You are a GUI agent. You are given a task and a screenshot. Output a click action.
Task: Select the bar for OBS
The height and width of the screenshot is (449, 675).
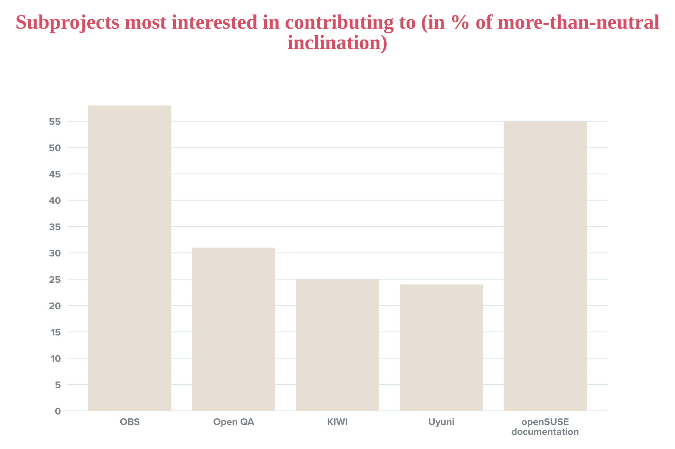pos(130,258)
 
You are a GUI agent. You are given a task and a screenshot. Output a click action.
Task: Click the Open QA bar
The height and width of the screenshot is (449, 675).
pos(233,329)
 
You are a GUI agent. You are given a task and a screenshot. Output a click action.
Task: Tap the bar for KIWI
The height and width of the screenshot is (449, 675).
pos(337,345)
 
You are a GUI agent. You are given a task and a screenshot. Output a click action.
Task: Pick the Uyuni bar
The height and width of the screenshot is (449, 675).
pos(441,348)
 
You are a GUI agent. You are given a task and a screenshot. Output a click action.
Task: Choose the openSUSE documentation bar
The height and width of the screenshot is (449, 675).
pos(545,266)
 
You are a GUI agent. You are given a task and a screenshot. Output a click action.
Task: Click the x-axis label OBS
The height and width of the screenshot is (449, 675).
pos(130,422)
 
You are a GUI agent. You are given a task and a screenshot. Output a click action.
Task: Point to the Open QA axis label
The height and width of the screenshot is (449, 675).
pos(233,422)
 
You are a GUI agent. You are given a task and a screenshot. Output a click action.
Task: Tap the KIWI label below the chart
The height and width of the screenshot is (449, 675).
pos(337,422)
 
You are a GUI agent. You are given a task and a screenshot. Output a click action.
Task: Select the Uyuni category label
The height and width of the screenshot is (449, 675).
pos(441,422)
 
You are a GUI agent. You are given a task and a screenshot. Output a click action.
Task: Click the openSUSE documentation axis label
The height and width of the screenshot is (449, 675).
pos(545,427)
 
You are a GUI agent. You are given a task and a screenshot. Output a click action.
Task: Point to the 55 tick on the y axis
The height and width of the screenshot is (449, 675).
pos(55,122)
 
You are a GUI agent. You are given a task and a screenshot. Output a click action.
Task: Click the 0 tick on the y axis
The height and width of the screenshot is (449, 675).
pos(58,411)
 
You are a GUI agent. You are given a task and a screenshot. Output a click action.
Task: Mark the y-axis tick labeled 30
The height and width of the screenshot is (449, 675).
pos(55,253)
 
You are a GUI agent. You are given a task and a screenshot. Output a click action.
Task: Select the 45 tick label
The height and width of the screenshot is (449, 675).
pos(55,174)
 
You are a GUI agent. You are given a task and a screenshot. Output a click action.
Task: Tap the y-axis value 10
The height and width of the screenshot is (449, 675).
pos(56,359)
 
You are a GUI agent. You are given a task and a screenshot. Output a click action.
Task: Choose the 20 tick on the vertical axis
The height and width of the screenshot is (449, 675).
pos(55,306)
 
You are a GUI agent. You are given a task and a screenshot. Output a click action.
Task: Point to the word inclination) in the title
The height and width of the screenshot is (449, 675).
pos(337,43)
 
